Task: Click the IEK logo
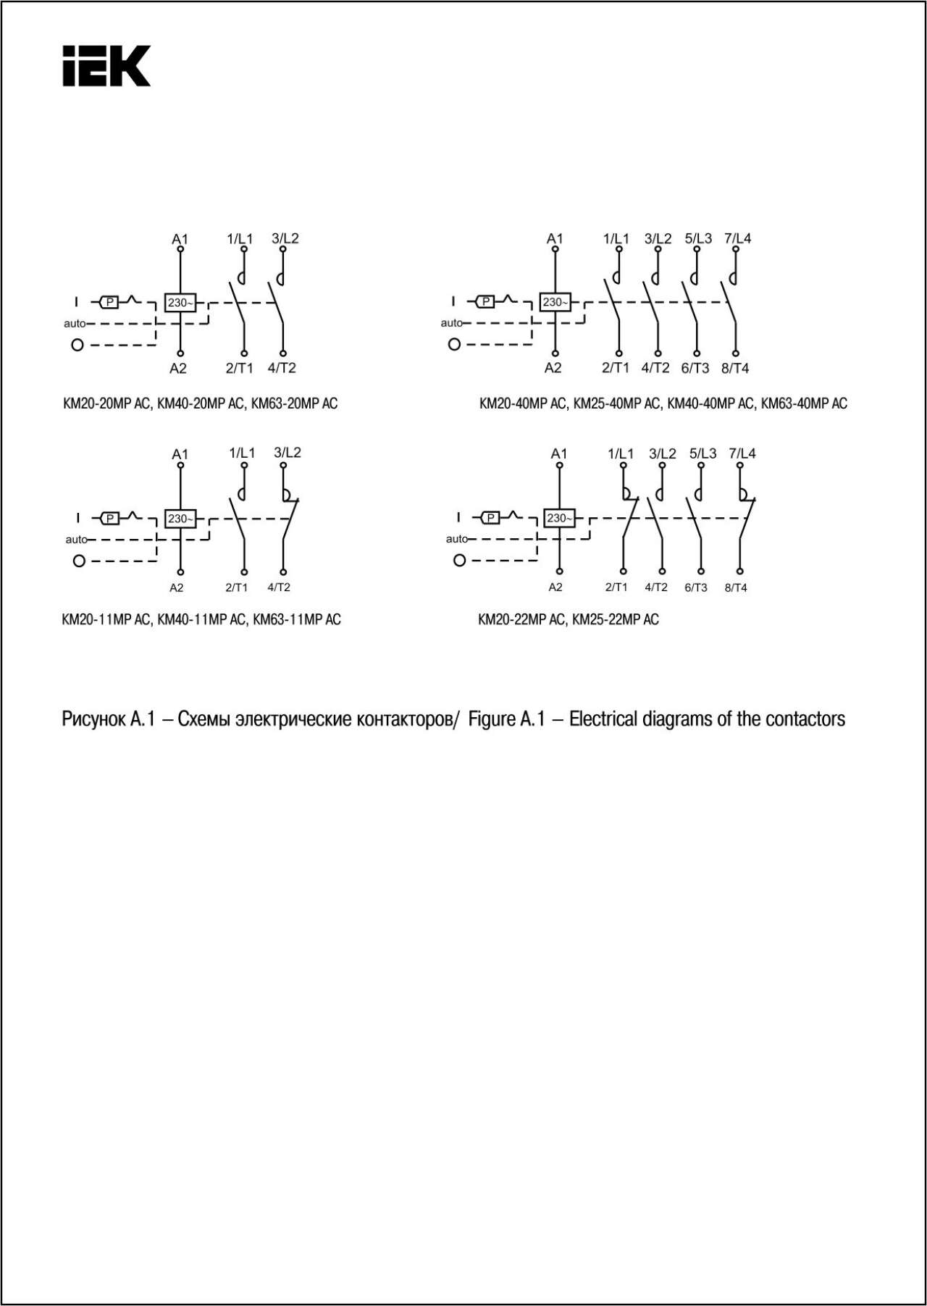pyautogui.click(x=106, y=66)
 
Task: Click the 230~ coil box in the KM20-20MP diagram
pyautogui.click(x=180, y=303)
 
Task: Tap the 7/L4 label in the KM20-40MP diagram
pyautogui.click(x=737, y=238)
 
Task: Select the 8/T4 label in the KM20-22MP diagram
pyautogui.click(x=735, y=587)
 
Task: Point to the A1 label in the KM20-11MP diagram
pyautogui.click(x=180, y=454)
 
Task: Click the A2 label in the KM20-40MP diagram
pyautogui.click(x=553, y=368)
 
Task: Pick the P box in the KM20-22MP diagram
pyautogui.click(x=491, y=518)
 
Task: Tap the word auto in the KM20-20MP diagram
pyautogui.click(x=74, y=324)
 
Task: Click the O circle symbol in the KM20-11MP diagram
pyautogui.click(x=80, y=561)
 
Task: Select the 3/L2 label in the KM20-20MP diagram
pyautogui.click(x=285, y=238)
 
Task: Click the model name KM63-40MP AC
pyautogui.click(x=804, y=403)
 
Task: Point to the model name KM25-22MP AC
pyautogui.click(x=616, y=619)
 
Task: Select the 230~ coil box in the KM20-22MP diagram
pyautogui.click(x=559, y=518)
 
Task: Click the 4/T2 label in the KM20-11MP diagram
pyautogui.click(x=279, y=587)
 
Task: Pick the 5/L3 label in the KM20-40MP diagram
pyautogui.click(x=698, y=238)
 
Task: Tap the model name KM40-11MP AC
pyautogui.click(x=201, y=619)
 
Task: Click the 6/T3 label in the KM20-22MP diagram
pyautogui.click(x=695, y=587)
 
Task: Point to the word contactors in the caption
pyautogui.click(x=805, y=719)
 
